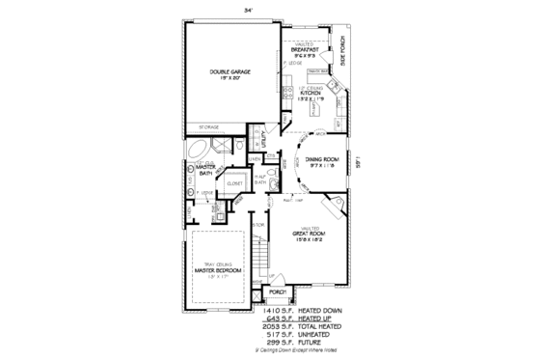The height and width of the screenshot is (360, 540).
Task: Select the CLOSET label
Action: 233,183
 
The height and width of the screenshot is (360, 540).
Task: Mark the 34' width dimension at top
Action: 260,8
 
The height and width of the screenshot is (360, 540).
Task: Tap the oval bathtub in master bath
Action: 196,151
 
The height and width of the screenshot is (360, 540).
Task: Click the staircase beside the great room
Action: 258,256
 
